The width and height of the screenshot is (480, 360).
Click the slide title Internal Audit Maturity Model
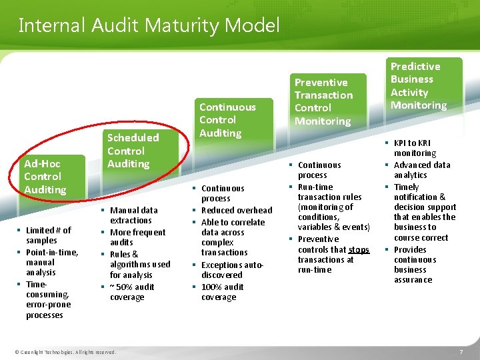(x=149, y=26)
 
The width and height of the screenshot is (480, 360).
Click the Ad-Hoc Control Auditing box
(x=45, y=177)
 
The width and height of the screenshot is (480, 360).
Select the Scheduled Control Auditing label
(x=133, y=151)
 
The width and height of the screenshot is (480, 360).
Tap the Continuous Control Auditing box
(x=227, y=120)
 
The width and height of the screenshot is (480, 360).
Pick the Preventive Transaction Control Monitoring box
(x=323, y=101)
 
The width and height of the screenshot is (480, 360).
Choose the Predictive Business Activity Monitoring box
(x=418, y=86)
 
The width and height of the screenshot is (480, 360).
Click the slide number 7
(x=461, y=351)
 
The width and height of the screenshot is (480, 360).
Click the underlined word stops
(x=359, y=250)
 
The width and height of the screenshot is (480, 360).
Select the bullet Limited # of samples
(x=47, y=235)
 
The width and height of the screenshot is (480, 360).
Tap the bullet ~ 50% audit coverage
(x=131, y=292)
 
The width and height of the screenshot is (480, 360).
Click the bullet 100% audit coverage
(x=222, y=292)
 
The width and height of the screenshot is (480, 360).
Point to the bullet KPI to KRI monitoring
(x=414, y=148)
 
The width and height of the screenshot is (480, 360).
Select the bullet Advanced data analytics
(x=421, y=170)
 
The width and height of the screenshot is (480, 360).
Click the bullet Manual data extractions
(x=133, y=215)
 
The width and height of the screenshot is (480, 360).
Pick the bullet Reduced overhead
(x=236, y=211)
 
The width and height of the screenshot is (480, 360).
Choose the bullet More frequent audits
(x=137, y=237)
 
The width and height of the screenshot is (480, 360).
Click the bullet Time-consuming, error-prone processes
(x=47, y=299)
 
